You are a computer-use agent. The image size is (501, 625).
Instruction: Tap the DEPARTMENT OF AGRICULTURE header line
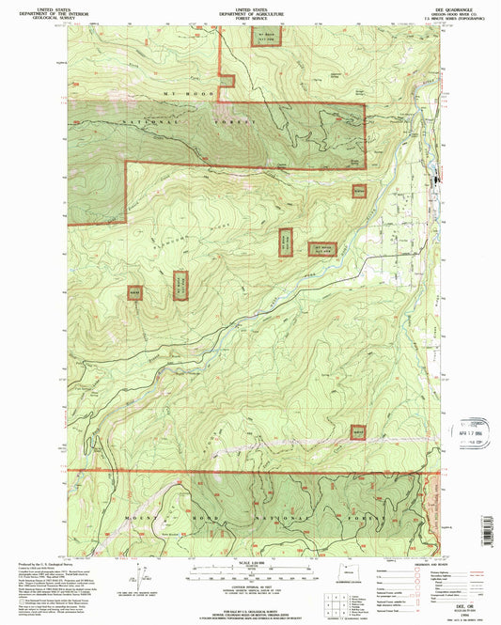[x=251, y=11]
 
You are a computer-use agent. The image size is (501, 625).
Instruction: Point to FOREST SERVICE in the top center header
[x=251, y=16]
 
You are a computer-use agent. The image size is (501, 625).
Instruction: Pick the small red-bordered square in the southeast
[x=358, y=431]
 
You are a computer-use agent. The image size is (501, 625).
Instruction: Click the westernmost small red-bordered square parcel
[x=134, y=293]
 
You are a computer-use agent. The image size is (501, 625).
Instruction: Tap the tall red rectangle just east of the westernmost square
[x=180, y=285]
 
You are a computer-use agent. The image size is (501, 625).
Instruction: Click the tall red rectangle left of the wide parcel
[x=285, y=242]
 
